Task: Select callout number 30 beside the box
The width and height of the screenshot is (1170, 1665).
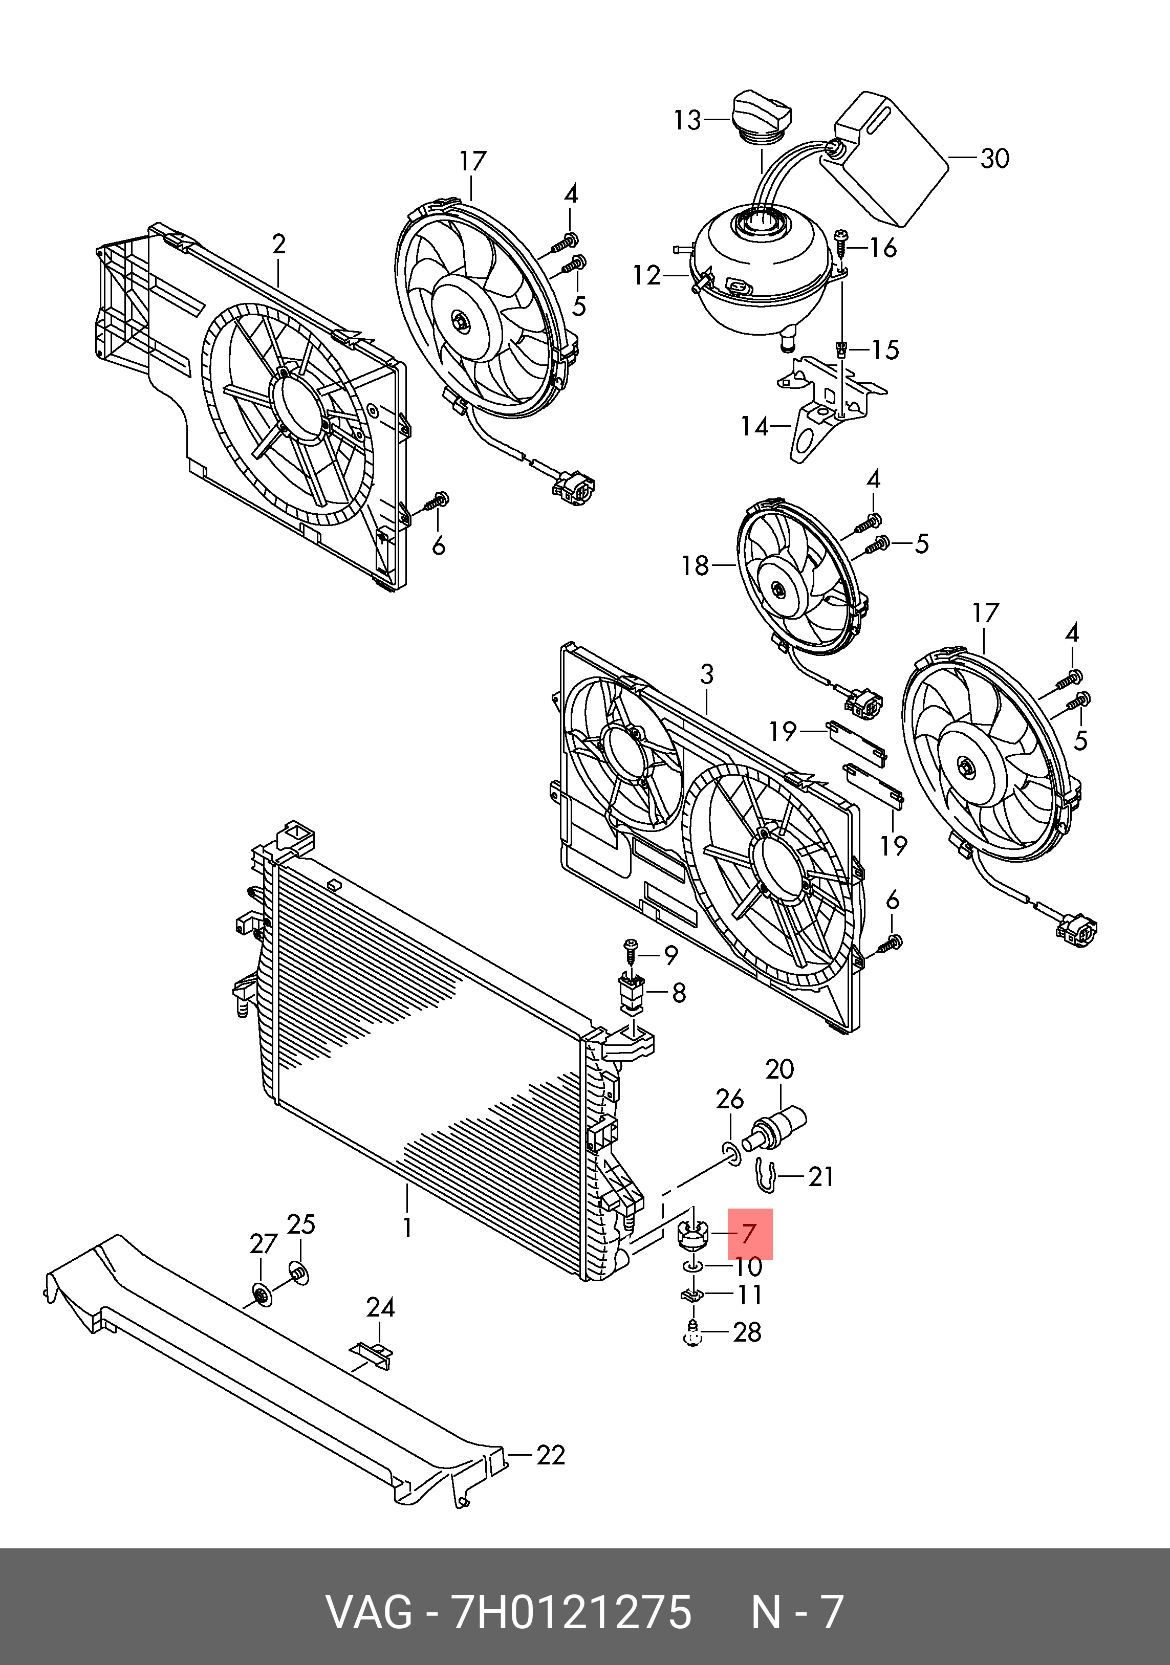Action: (x=994, y=158)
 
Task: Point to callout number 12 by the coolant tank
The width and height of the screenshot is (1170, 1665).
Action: (x=646, y=276)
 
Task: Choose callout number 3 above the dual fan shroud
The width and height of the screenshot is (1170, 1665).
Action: (x=707, y=674)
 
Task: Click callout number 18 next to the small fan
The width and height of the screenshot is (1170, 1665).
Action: (x=695, y=565)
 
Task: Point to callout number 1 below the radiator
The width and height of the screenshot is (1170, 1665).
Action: (x=407, y=1228)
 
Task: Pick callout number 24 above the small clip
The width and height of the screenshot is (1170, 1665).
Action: (x=380, y=1307)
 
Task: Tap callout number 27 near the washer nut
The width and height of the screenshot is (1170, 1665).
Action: (x=263, y=1244)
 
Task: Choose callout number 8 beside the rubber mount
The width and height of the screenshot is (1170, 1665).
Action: (x=679, y=993)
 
